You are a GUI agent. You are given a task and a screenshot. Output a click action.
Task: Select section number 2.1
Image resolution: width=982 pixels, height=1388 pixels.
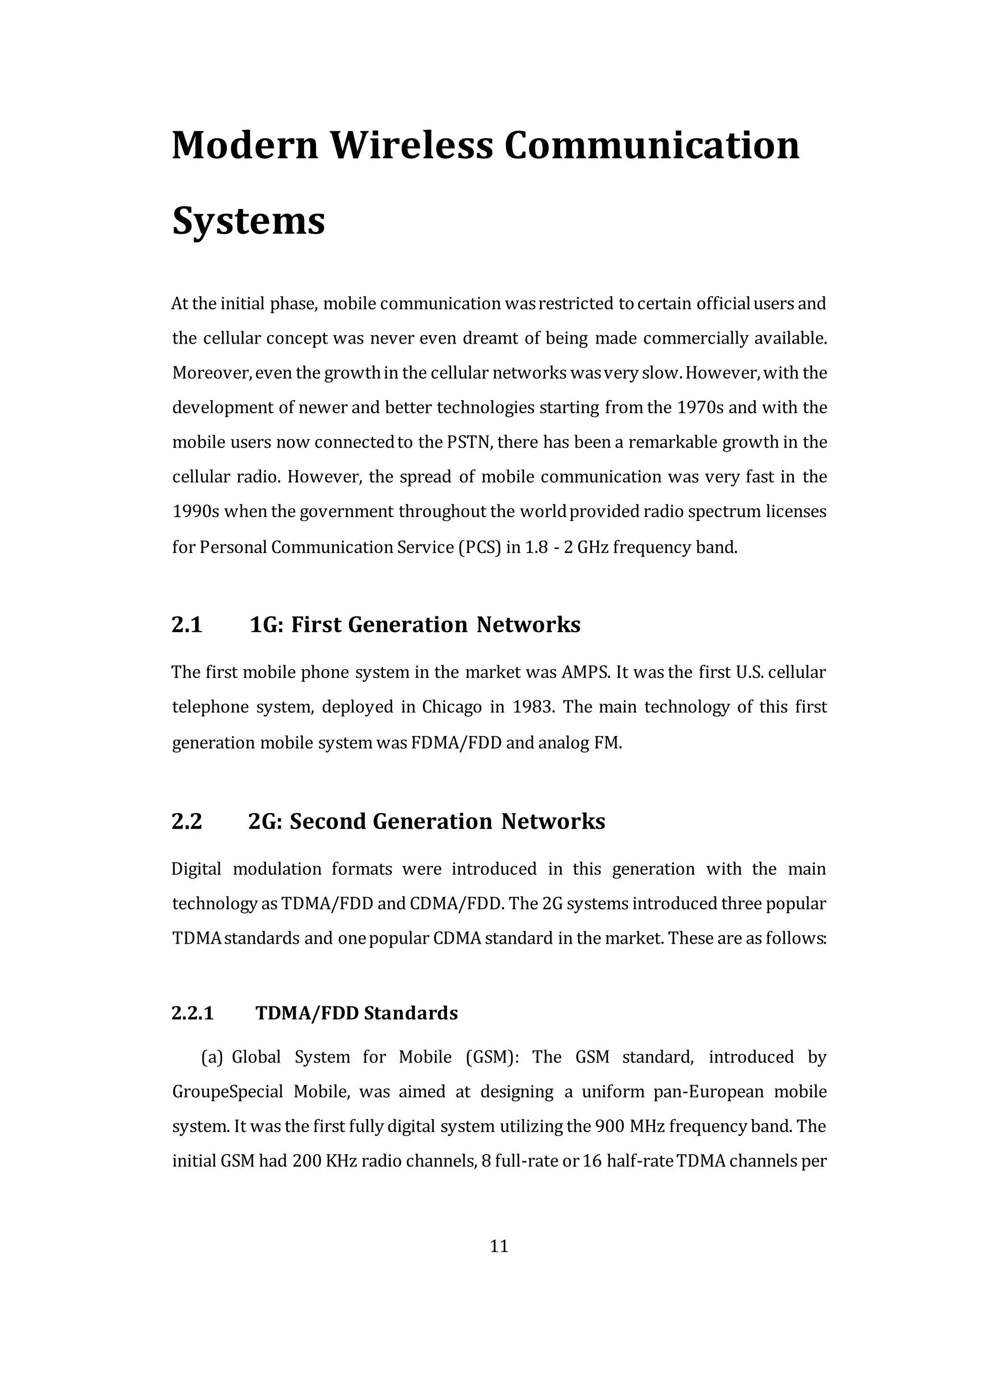[187, 625]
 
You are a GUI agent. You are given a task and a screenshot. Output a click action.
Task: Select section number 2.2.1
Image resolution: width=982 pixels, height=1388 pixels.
[193, 1013]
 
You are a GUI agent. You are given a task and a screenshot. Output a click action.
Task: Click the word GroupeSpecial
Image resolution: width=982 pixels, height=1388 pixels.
[227, 1092]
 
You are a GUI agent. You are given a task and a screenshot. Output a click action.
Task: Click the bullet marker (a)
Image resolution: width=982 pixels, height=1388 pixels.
[212, 1057]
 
